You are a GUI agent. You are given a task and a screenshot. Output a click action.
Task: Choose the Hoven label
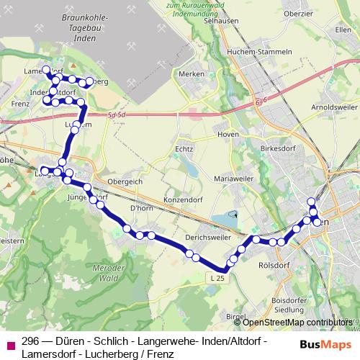pyautogui.click(x=227, y=134)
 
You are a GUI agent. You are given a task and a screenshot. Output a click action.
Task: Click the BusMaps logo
pyautogui.click(x=326, y=344)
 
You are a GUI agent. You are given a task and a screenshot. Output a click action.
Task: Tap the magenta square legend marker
pyautogui.click(x=10, y=345)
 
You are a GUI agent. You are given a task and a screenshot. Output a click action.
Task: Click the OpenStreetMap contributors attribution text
pyautogui.click(x=297, y=322)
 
